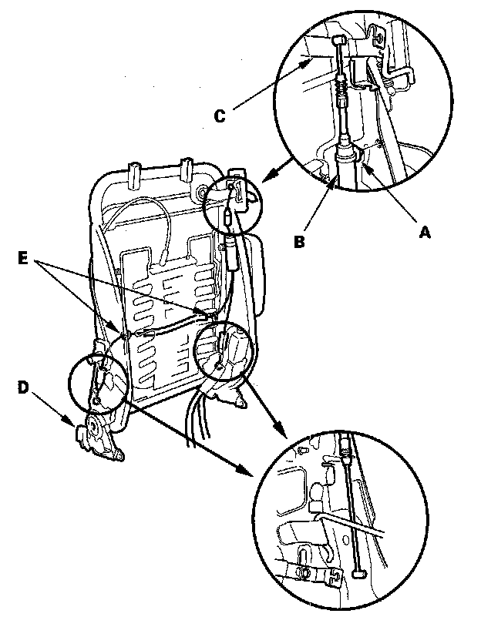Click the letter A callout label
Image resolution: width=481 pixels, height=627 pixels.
click(x=422, y=229)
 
